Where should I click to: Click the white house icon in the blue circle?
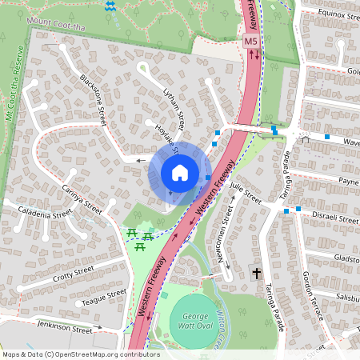coord(180,172)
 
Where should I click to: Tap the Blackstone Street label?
coord(94,100)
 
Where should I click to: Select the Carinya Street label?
coord(82,198)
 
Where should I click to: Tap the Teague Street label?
coord(104,298)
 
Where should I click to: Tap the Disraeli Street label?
coord(334,218)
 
